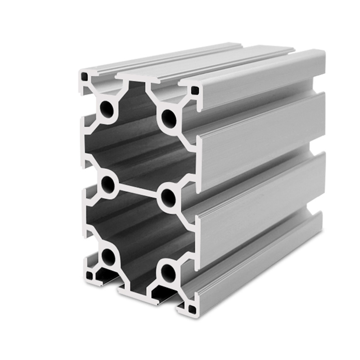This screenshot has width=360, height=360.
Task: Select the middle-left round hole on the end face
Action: click(x=108, y=183)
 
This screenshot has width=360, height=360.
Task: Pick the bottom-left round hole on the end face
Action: click(x=108, y=257)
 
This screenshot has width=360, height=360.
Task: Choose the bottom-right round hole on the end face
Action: click(x=168, y=271)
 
